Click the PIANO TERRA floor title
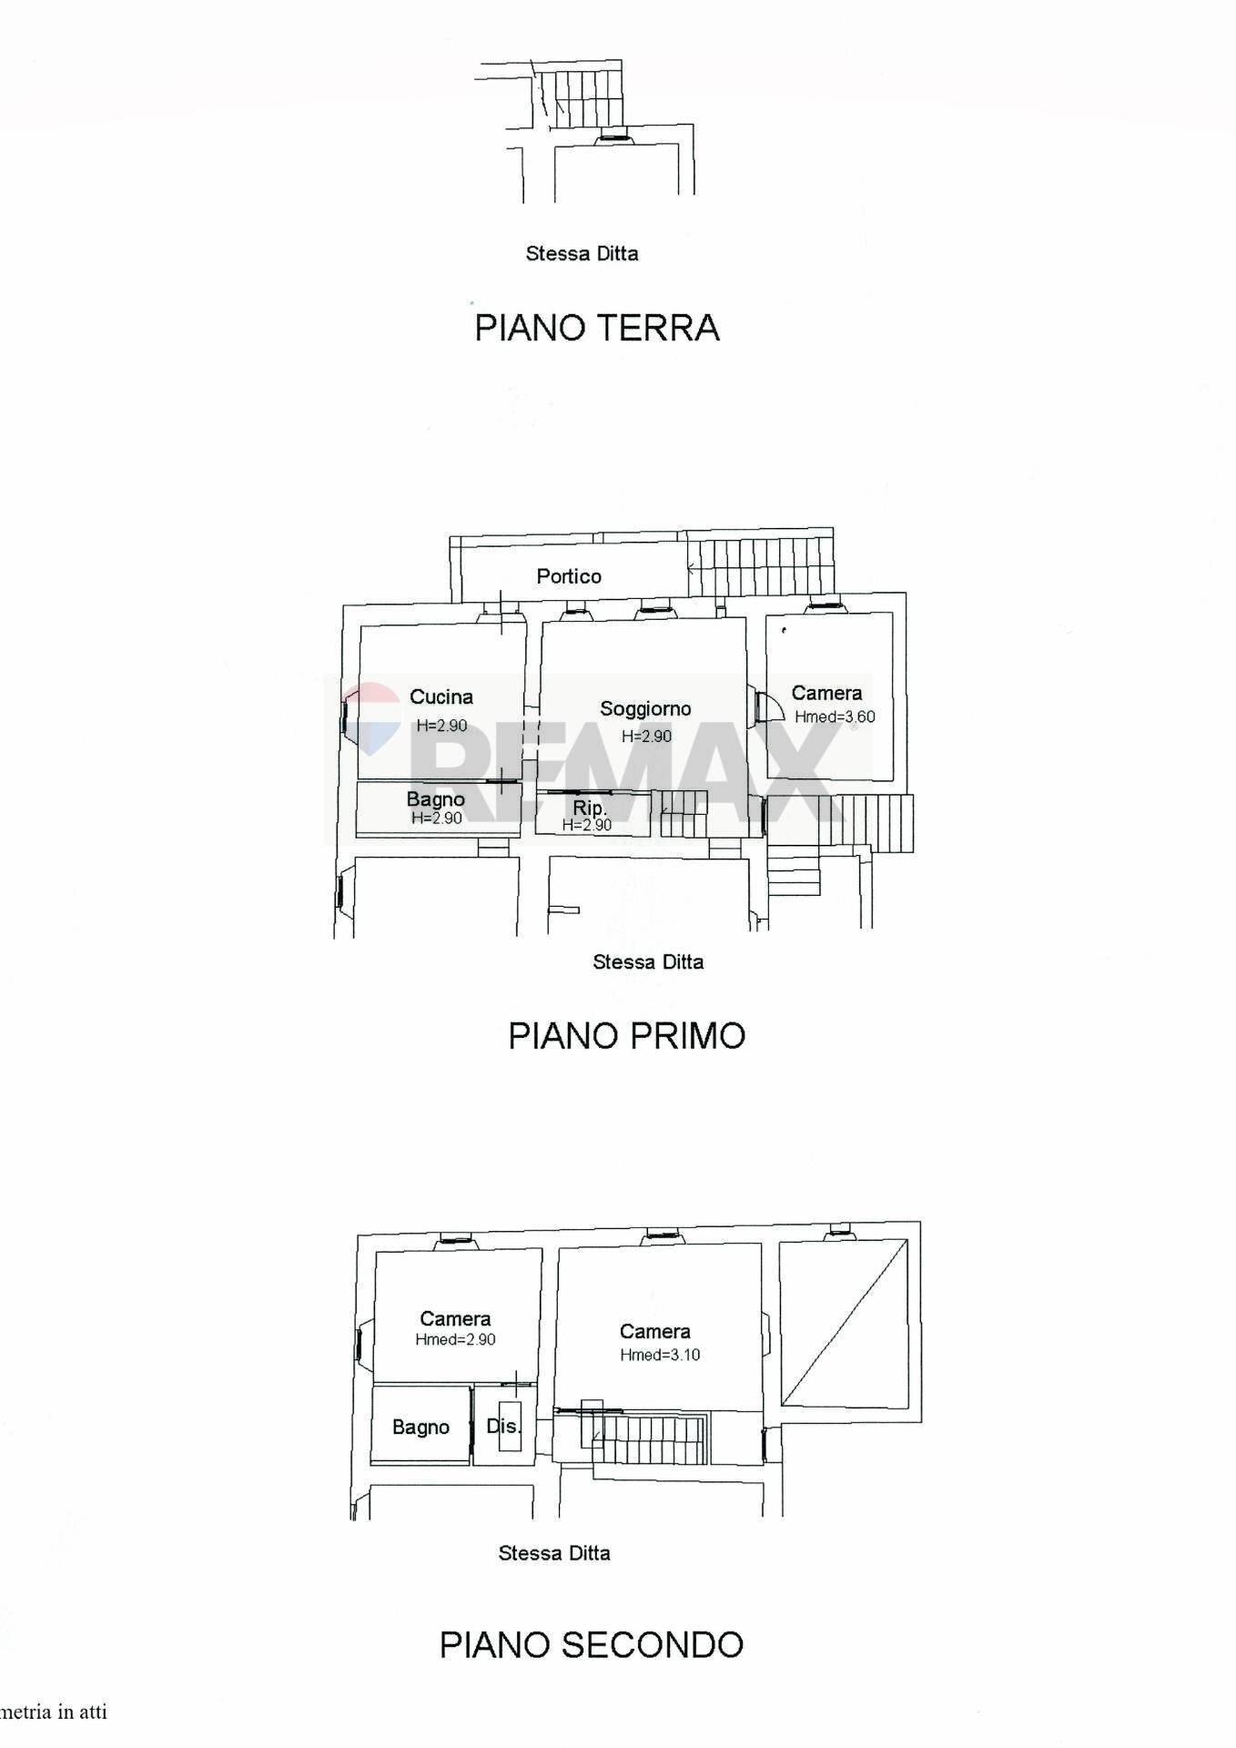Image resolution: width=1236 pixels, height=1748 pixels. pyautogui.click(x=597, y=328)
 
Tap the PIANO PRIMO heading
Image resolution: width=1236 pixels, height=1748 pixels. pyautogui.click(x=626, y=1036)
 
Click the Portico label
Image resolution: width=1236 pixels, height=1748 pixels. pyautogui.click(x=569, y=576)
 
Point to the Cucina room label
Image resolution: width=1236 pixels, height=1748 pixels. pyautogui.click(x=441, y=697)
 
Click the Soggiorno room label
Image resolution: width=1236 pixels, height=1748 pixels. pyautogui.click(x=645, y=709)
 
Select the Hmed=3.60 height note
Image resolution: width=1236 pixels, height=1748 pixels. pyautogui.click(x=835, y=717)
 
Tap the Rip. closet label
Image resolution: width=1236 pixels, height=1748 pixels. pyautogui.click(x=589, y=808)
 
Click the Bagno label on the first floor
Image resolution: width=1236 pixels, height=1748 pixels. pyautogui.click(x=435, y=799)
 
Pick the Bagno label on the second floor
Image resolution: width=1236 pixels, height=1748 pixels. pyautogui.click(x=420, y=1427)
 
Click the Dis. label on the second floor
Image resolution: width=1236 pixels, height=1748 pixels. pyautogui.click(x=503, y=1426)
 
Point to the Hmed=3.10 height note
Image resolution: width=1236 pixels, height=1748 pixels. pyautogui.click(x=660, y=1355)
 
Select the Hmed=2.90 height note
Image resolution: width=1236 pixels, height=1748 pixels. pyautogui.click(x=455, y=1339)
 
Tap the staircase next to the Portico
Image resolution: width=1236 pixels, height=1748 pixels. pyautogui.click(x=761, y=567)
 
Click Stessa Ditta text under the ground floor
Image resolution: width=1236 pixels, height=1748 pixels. pyautogui.click(x=582, y=254)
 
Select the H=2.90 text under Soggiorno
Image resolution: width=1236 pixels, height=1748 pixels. pyautogui.click(x=646, y=737)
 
